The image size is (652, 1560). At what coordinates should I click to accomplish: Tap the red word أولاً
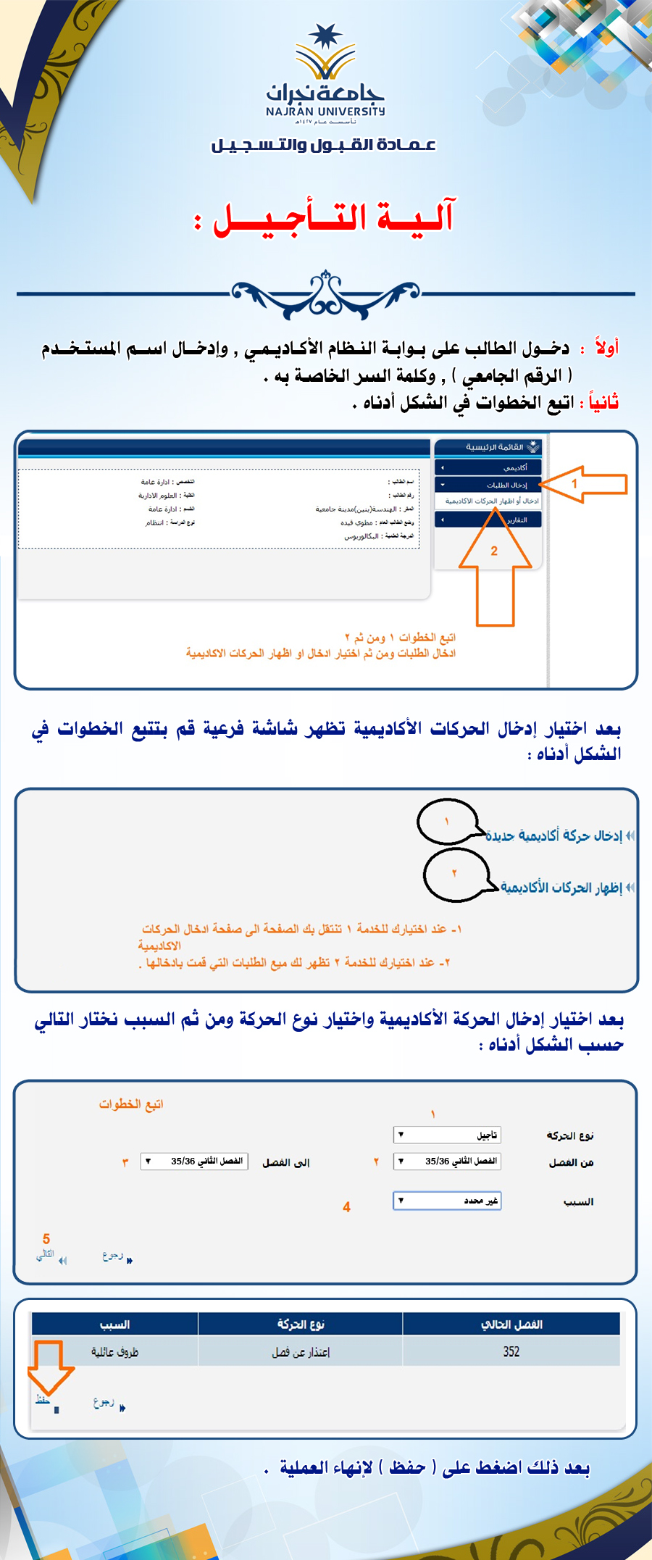[x=607, y=348]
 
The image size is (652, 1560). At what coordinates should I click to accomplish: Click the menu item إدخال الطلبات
[x=488, y=485]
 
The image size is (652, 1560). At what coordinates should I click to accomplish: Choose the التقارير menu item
[x=488, y=520]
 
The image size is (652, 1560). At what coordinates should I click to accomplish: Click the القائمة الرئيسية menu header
[x=488, y=447]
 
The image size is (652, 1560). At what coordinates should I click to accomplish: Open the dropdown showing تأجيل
[x=447, y=1135]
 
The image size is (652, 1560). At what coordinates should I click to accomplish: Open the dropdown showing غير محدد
[x=447, y=1201]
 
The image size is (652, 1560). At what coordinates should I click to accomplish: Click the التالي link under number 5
[x=46, y=1254]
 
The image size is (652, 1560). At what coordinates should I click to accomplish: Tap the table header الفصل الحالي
[x=511, y=1325]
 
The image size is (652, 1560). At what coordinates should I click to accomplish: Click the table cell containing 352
[x=511, y=1351]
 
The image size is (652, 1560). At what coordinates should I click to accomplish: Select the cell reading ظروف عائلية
[x=114, y=1351]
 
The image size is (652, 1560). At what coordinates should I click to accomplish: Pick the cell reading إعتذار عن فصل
[x=301, y=1351]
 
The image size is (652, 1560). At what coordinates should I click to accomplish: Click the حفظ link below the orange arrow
[x=43, y=1401]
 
